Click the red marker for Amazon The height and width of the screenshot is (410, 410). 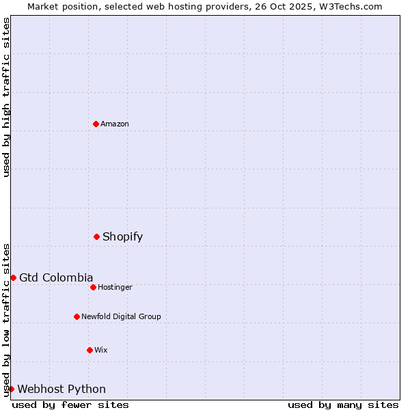click(x=96, y=124)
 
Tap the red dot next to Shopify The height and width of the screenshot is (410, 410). click(x=96, y=236)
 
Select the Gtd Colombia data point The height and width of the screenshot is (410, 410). click(x=13, y=277)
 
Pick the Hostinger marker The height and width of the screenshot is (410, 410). click(x=93, y=287)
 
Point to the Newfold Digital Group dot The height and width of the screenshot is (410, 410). click(x=77, y=316)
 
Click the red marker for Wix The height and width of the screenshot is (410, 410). click(x=90, y=350)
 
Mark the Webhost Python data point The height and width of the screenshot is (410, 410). click(x=11, y=389)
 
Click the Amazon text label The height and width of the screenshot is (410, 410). click(x=115, y=124)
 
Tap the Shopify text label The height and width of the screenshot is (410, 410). click(x=122, y=237)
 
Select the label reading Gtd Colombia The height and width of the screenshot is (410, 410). click(x=56, y=277)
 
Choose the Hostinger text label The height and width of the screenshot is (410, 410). click(x=115, y=288)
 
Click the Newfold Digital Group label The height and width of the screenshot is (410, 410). click(x=121, y=317)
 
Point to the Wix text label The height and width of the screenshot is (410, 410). click(x=101, y=351)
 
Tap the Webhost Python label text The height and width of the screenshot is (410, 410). click(x=61, y=389)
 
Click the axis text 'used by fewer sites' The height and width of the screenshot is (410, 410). click(x=70, y=405)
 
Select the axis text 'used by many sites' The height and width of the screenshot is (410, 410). click(x=343, y=405)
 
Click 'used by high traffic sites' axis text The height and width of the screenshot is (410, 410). click(x=7, y=97)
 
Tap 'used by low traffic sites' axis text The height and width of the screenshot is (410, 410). click(x=7, y=320)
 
